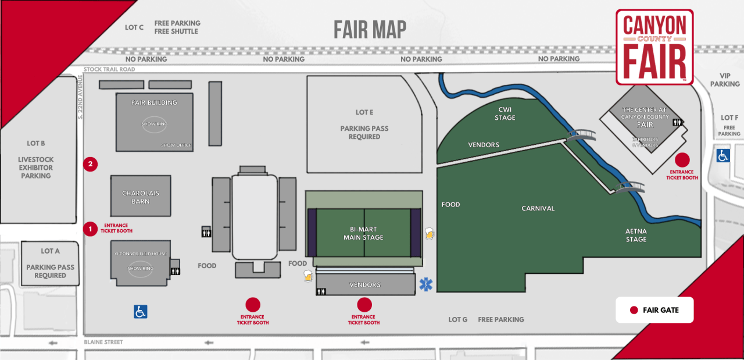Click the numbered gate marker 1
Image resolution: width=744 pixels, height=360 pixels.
(x=90, y=229)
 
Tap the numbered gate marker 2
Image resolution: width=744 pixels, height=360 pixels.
(x=90, y=164)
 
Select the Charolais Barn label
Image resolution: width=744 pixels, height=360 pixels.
(x=141, y=197)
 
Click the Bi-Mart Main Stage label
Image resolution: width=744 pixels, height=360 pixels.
(x=363, y=233)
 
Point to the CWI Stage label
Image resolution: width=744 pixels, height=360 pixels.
(x=505, y=113)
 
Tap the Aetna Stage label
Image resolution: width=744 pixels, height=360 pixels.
(x=636, y=235)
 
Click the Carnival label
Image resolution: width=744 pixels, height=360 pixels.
(x=538, y=208)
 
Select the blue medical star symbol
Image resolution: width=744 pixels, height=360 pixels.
(x=426, y=285)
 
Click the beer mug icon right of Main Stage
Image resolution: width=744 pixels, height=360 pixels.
(x=430, y=234)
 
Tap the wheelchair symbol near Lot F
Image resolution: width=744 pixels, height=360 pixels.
(x=723, y=155)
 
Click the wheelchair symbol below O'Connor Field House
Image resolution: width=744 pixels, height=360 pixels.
(x=140, y=312)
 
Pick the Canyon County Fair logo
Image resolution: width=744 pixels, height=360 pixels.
(x=654, y=47)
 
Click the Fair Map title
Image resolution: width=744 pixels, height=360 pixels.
(x=370, y=30)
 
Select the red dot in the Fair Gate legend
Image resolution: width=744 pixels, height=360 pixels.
(x=634, y=310)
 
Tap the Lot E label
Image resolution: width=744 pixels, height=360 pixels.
(x=364, y=112)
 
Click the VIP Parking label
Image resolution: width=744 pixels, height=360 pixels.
(x=725, y=80)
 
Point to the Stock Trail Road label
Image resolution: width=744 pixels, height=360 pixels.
(x=109, y=69)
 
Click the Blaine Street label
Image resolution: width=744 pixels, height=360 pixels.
(x=103, y=342)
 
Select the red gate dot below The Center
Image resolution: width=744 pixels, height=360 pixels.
(x=682, y=160)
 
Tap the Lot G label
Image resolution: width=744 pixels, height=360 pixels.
(x=458, y=319)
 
